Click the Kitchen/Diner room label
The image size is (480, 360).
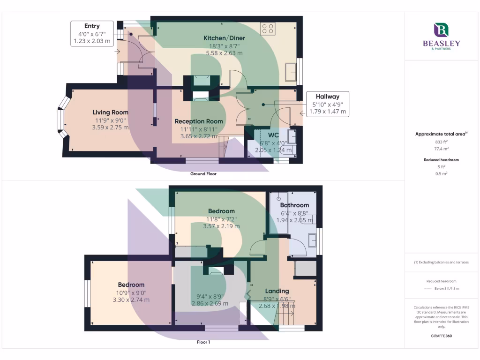(x=224, y=38)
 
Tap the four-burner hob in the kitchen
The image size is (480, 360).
(x=268, y=28)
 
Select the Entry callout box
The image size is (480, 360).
(x=92, y=33)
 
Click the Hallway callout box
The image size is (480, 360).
(x=327, y=104)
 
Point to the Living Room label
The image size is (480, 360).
(x=110, y=112)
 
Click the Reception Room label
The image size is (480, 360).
(x=199, y=121)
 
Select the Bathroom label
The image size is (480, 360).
(x=294, y=205)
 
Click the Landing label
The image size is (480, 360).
(x=277, y=291)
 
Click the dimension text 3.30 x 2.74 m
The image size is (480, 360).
(x=131, y=300)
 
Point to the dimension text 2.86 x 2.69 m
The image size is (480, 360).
(x=210, y=303)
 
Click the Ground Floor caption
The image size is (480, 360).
(x=203, y=173)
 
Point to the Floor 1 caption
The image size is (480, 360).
(x=203, y=342)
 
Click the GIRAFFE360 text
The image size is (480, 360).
(x=441, y=336)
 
